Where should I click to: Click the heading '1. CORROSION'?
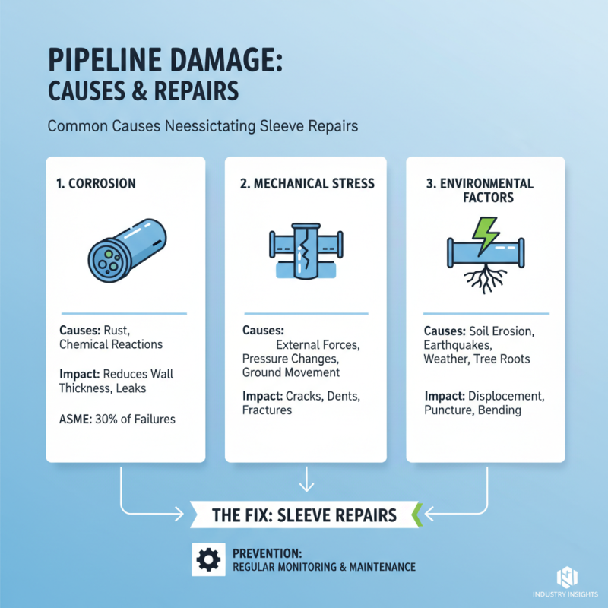click(x=97, y=184)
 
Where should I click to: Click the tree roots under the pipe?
click(x=484, y=279)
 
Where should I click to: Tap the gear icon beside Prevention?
click(x=208, y=559)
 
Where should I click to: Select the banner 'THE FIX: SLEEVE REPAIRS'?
click(x=304, y=515)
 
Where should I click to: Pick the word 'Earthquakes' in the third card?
click(x=454, y=345)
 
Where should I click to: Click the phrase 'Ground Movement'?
click(x=291, y=372)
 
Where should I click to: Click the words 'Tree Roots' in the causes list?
click(x=515, y=359)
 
